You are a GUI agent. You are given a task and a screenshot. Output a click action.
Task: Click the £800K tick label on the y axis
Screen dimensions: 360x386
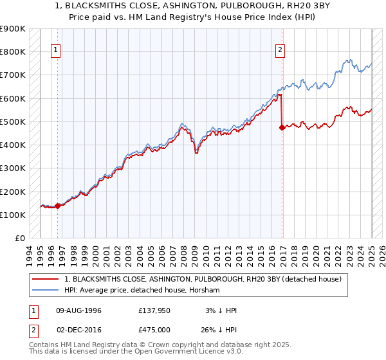click(x=13, y=51)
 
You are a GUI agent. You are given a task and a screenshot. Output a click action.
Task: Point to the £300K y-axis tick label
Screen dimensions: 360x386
click(x=13, y=168)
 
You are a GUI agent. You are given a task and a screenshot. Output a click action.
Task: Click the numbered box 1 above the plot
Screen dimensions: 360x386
click(x=57, y=51)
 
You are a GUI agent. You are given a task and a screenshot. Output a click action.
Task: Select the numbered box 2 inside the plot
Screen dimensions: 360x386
click(x=280, y=51)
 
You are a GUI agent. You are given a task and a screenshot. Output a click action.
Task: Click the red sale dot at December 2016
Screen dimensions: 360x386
click(x=282, y=127)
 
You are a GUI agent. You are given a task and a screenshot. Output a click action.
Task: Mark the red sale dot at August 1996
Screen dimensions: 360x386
click(x=57, y=206)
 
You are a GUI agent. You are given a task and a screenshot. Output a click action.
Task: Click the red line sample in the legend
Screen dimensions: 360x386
click(x=46, y=279)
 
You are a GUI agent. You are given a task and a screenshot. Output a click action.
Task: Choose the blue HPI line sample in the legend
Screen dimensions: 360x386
click(x=46, y=291)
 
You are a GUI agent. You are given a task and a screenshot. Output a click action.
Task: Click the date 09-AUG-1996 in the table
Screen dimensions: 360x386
click(x=79, y=310)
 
